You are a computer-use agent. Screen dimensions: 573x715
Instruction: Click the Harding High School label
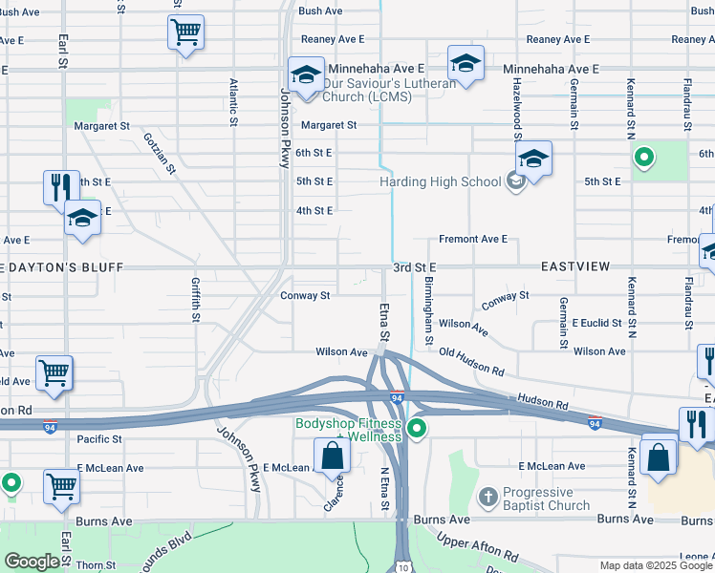coord(440,181)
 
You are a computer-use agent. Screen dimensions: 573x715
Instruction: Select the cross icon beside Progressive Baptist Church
coord(487,497)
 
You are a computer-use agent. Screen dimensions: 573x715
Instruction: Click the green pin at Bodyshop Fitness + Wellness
coord(416,430)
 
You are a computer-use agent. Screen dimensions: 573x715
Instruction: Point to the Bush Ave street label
coord(320,11)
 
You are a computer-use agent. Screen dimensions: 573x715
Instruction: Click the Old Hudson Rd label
coord(472,360)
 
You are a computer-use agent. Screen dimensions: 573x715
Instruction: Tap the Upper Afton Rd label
coord(478,544)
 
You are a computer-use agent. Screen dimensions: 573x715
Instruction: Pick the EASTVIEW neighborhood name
coord(574,266)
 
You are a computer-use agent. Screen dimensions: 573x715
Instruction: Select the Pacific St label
coord(100,439)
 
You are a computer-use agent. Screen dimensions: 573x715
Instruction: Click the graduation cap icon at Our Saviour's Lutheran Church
coord(307,75)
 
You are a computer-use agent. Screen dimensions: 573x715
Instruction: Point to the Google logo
coord(32,562)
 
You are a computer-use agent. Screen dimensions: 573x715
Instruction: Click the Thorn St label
coord(96,564)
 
